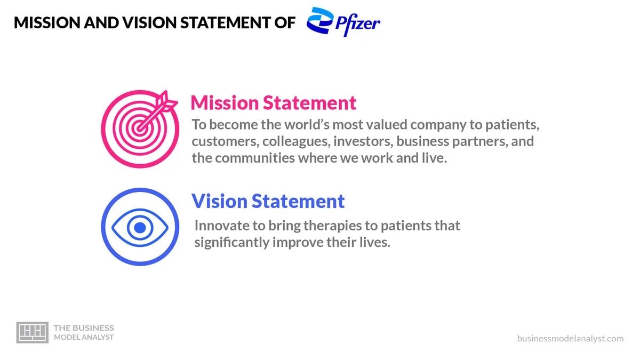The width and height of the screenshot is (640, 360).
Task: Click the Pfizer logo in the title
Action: [x=343, y=22]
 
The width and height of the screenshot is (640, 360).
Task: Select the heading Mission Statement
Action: [x=273, y=102]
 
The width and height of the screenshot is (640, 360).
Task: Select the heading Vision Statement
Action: [x=268, y=201]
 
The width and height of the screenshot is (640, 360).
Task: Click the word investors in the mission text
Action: [x=361, y=142]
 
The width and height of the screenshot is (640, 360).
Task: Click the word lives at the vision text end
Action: [x=376, y=242]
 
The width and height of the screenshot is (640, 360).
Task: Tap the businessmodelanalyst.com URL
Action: [x=570, y=338]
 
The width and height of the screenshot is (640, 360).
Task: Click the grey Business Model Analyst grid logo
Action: [x=32, y=332]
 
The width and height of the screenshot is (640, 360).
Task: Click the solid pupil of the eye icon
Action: [x=140, y=228]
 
